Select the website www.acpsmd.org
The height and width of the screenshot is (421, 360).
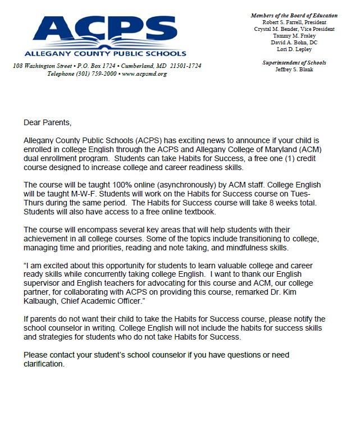coord(144,74)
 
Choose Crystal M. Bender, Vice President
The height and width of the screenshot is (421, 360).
coord(302,29)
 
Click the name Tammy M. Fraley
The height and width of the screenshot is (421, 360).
coord(302,35)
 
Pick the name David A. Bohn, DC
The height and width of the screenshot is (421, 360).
coord(302,42)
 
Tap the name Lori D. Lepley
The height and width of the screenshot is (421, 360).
coord(302,49)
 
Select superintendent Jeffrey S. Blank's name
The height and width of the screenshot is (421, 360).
coord(302,69)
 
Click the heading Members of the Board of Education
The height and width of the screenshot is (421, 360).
coord(302,15)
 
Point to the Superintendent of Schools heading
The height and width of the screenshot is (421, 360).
coord(302,62)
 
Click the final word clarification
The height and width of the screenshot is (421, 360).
coord(44,364)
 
